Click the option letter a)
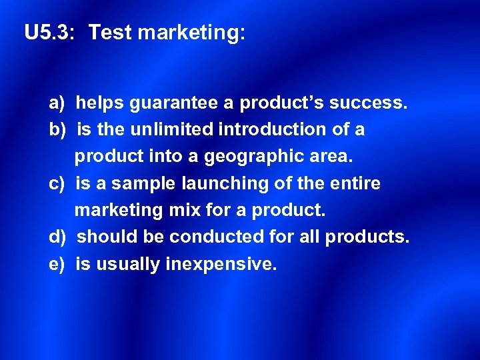(x=56, y=103)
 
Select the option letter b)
(x=56, y=129)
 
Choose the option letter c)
(x=56, y=183)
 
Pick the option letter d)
(x=56, y=237)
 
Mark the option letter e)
(x=56, y=265)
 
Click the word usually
(x=127, y=265)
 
